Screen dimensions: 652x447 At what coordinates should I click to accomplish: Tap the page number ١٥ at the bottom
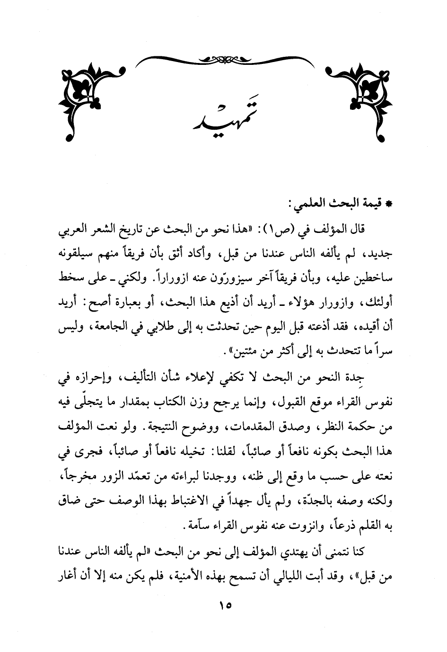point(224,606)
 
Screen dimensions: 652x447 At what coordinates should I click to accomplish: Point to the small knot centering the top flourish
point(223,59)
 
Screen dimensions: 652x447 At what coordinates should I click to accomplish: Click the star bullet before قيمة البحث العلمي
point(390,204)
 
